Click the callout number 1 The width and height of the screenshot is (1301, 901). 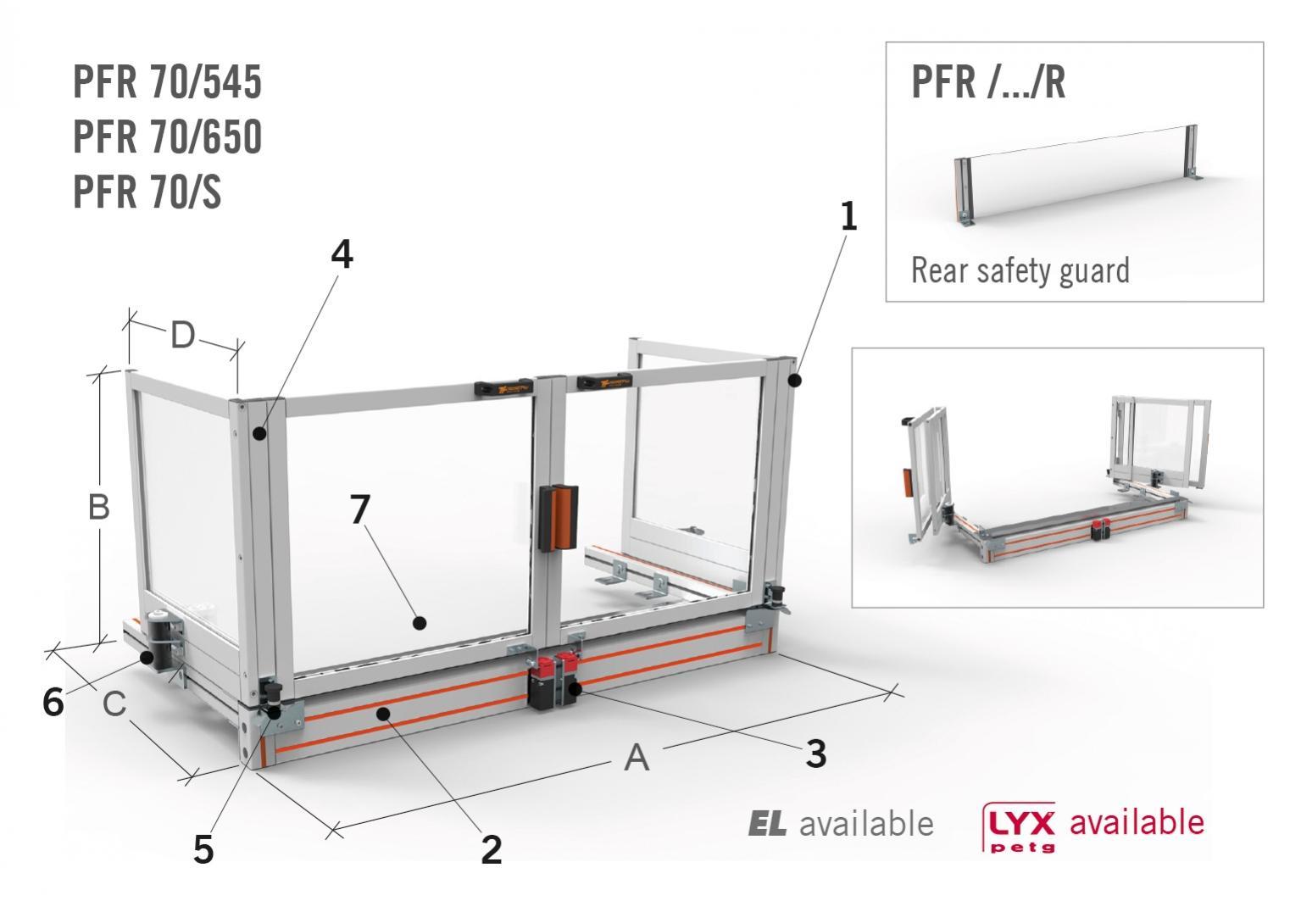(849, 216)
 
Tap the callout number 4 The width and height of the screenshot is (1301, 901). (342, 254)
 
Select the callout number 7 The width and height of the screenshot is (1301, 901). (360, 509)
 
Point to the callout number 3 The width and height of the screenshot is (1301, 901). (816, 754)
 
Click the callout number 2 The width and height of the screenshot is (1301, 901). (492, 850)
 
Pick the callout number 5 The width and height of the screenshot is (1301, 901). (203, 850)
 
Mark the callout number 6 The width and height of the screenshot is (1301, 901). (53, 703)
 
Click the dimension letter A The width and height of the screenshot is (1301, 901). (637, 758)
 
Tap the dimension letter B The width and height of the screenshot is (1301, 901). (98, 507)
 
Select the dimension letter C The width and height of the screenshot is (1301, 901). (114, 704)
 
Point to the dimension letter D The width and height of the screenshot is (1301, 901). (182, 335)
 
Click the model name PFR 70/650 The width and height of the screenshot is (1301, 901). (167, 136)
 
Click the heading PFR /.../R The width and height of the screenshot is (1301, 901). (988, 82)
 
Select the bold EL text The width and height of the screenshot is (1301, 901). (767, 824)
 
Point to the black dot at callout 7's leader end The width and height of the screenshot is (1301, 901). (420, 623)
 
